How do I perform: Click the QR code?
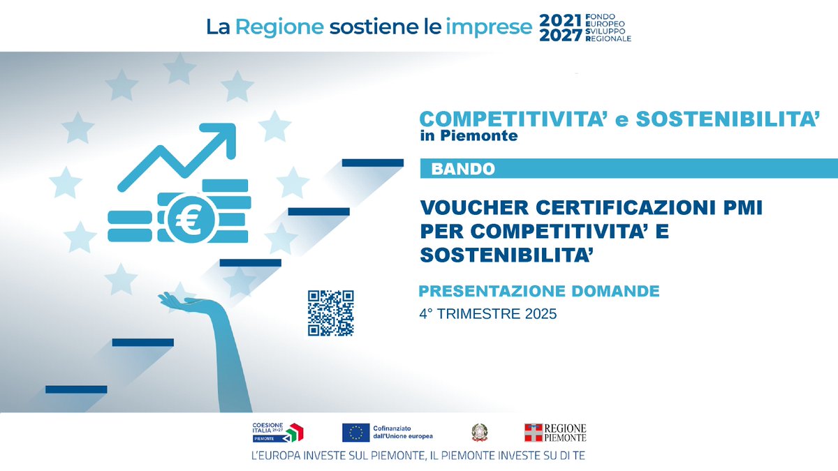click(331, 313)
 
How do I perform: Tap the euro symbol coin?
click(191, 218)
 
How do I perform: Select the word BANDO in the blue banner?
click(463, 169)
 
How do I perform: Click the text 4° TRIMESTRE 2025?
click(488, 313)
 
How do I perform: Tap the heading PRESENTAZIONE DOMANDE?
click(538, 291)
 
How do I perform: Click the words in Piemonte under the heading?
click(469, 135)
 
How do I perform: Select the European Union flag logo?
click(355, 433)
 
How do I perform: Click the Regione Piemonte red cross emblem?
click(534, 433)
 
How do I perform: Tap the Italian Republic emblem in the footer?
click(479, 433)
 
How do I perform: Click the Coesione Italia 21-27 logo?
click(278, 433)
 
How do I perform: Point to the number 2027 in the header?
click(561, 36)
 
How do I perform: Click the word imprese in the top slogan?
click(489, 28)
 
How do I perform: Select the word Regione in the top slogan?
click(279, 28)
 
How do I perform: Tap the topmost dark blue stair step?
click(373, 163)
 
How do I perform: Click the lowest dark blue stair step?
click(76, 389)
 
